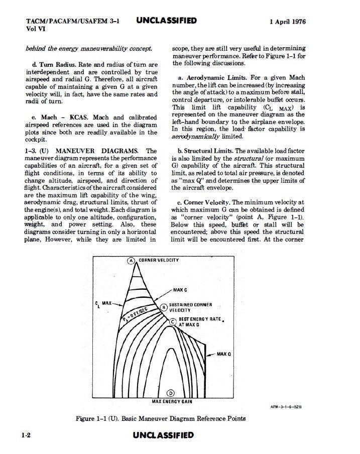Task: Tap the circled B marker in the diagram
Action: tap(163, 307)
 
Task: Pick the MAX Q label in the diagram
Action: tap(223, 354)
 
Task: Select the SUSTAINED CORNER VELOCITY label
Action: tap(190, 307)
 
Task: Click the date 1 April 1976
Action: tap(287, 22)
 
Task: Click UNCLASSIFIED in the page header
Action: tap(166, 21)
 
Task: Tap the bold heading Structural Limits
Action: tap(208, 151)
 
